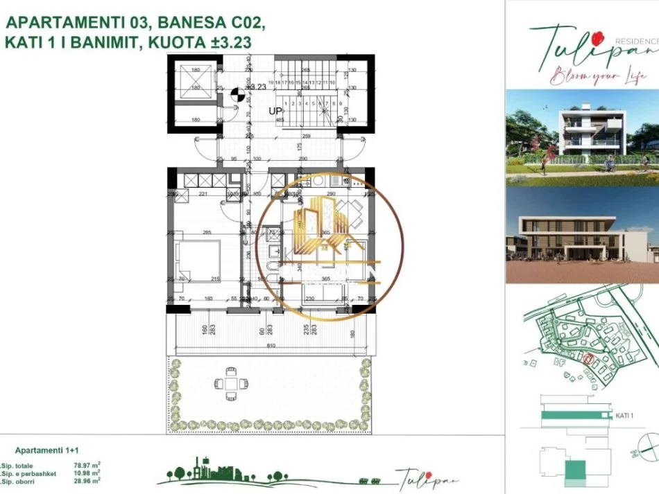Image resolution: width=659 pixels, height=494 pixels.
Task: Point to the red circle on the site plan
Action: pos(587,360)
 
